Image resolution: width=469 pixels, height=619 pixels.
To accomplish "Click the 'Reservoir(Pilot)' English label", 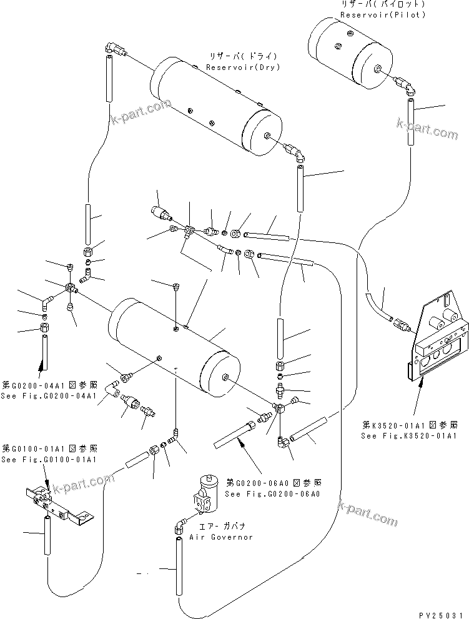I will [383, 14].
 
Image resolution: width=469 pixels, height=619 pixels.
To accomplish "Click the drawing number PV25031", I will [441, 613].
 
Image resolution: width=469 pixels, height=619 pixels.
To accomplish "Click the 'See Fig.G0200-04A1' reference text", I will [49, 396].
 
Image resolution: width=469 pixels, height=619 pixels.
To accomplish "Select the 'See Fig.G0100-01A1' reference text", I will [49, 460].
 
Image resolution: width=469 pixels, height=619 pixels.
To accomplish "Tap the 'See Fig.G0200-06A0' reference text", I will [274, 493].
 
